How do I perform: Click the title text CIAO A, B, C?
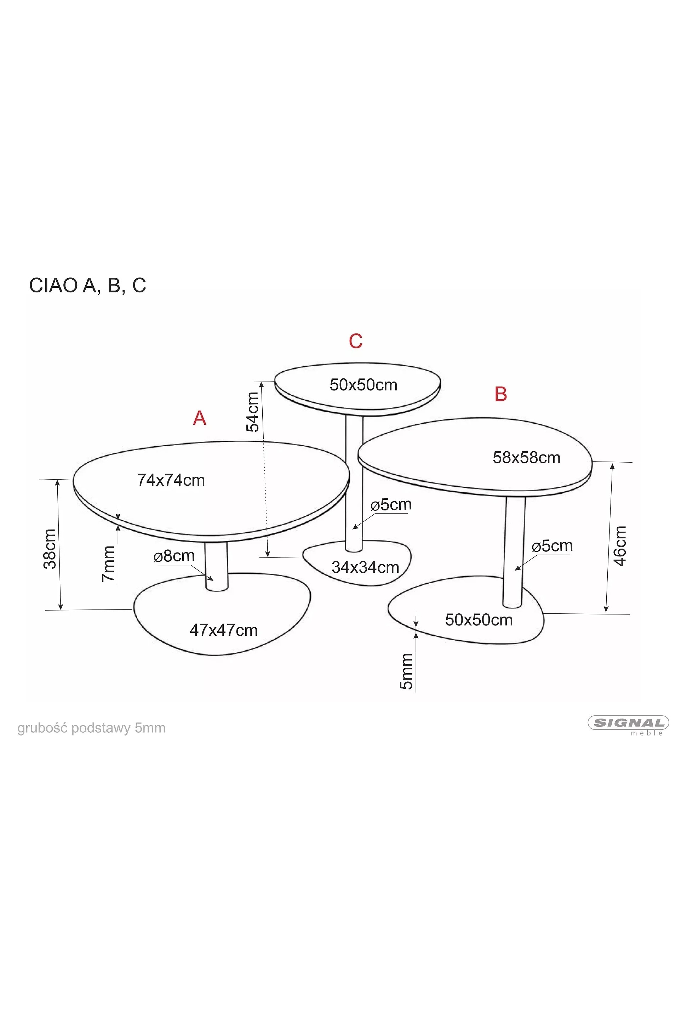click(x=87, y=286)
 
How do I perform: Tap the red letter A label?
click(x=200, y=418)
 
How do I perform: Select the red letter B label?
click(x=501, y=394)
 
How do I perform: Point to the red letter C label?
click(x=356, y=341)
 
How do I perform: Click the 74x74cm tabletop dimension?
click(x=171, y=480)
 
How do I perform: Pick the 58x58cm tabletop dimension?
click(x=527, y=457)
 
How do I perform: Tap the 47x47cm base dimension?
click(x=224, y=630)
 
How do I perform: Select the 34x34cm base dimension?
click(x=365, y=567)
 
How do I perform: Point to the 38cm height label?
click(x=50, y=549)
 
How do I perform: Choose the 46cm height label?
click(x=619, y=546)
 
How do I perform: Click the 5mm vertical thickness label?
click(x=406, y=671)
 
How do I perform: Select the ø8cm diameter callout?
click(x=174, y=556)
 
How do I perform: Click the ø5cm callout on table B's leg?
click(x=552, y=545)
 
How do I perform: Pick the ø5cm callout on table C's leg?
click(x=391, y=504)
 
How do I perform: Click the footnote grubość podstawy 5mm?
click(x=92, y=728)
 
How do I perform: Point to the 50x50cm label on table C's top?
click(x=363, y=385)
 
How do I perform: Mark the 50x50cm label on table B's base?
click(x=479, y=620)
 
